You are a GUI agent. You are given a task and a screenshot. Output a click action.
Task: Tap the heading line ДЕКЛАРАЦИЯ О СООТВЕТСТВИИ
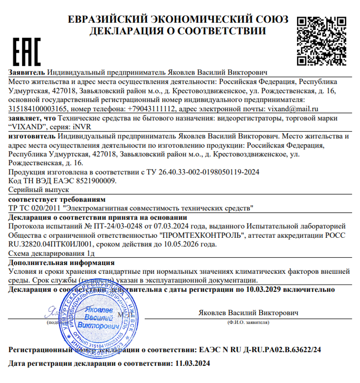point(178,31)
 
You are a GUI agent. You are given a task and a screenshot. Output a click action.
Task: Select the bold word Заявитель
point(27,73)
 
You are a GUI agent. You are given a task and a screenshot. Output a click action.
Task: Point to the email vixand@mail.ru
point(293,109)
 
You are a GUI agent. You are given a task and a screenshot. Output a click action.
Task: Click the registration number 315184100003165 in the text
point(38,109)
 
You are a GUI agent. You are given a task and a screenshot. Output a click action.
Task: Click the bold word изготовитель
point(32,136)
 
